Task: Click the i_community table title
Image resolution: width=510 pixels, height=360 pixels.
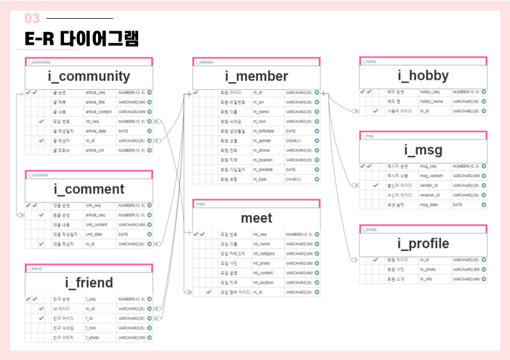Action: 89,76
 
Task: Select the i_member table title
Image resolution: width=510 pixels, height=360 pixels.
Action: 256,76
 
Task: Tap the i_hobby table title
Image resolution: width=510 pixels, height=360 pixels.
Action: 423,75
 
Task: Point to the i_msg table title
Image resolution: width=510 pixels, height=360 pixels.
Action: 423,150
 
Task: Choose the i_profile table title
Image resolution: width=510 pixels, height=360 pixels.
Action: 423,244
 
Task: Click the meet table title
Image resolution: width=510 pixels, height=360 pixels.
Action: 256,218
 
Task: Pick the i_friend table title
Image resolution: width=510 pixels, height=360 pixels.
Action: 89,283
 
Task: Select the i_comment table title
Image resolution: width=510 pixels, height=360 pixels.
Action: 89,189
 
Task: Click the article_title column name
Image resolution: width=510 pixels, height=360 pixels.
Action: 97,102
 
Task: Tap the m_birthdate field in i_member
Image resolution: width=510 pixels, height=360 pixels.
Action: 264,131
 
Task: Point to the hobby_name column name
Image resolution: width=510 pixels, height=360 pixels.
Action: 431,102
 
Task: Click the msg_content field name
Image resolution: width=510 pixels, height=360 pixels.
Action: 432,176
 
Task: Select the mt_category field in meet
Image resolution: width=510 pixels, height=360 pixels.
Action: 264,254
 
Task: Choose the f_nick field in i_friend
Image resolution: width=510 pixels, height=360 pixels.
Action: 91,328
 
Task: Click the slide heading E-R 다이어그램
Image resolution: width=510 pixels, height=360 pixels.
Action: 81,38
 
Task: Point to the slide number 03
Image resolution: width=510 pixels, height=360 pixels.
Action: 33,18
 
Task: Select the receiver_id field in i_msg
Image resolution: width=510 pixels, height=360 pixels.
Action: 430,195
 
